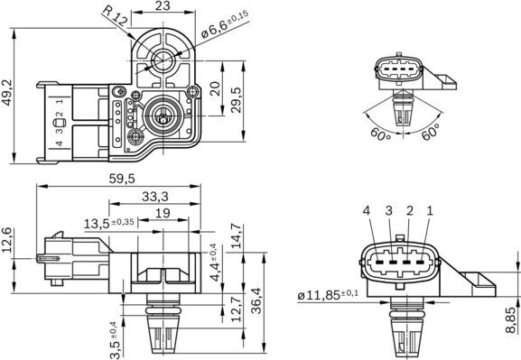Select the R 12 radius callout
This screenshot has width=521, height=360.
[x=114, y=15]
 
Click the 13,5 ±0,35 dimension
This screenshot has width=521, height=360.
[x=109, y=223]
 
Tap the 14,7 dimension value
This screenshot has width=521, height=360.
[x=237, y=233]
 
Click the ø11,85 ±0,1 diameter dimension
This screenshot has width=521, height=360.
[x=327, y=294]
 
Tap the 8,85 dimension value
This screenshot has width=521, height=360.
[x=509, y=319]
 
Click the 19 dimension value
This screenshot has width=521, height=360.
[x=163, y=213]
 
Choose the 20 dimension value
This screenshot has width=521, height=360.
[x=214, y=88]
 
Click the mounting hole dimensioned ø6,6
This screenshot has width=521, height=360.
[x=163, y=60]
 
